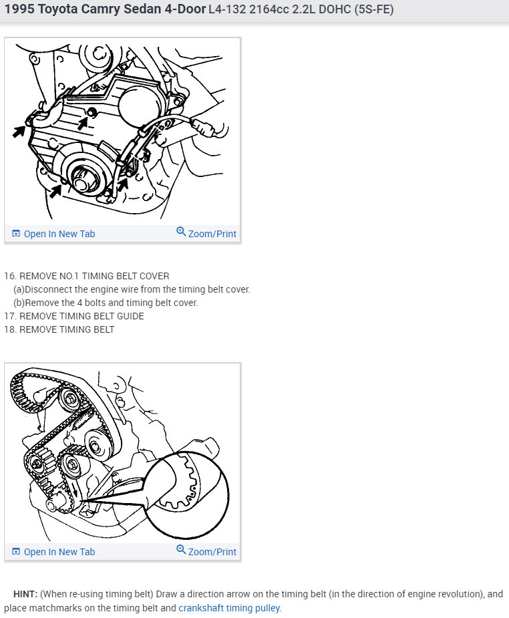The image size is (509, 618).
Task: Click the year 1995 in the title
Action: (19, 9)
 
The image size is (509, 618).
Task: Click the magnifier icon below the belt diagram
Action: (181, 549)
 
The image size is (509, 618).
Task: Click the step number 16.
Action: (9, 276)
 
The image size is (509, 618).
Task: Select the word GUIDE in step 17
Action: (130, 316)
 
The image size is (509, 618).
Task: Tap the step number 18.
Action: (9, 329)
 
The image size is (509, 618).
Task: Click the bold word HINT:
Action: (25, 594)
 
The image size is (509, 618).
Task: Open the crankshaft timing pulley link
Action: (230, 608)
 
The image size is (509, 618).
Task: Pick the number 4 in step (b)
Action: (79, 303)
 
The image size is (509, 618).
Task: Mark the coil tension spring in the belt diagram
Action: (83, 418)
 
